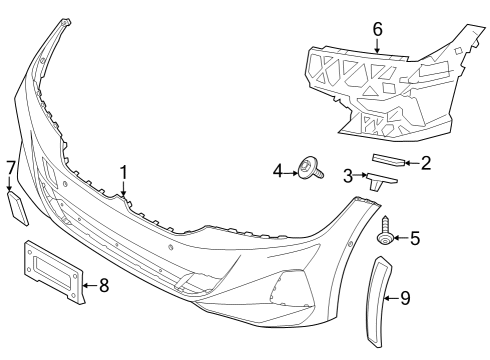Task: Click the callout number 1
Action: [x=123, y=173]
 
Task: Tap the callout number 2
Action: [x=425, y=162]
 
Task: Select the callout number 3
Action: [x=349, y=177]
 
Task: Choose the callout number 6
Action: [x=378, y=29]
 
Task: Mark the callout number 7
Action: [x=10, y=166]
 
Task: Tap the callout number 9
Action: [x=405, y=298]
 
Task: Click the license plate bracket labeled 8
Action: [x=53, y=270]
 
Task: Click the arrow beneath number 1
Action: [x=123, y=190]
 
